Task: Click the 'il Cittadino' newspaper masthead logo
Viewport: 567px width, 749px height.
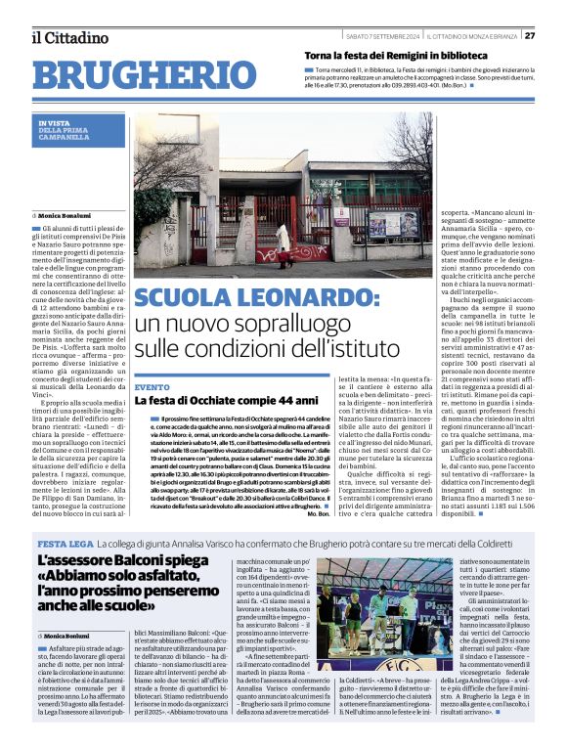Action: pyautogui.click(x=68, y=38)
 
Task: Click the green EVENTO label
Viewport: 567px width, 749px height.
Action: pyautogui.click(x=152, y=387)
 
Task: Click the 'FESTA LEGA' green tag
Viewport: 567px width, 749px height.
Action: pyautogui.click(x=64, y=544)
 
